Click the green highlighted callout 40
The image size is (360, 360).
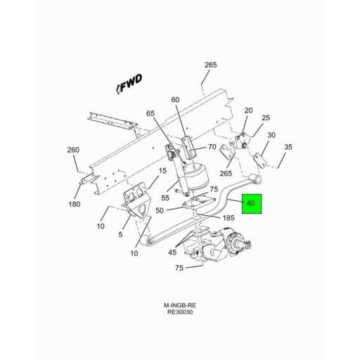tap(252, 204)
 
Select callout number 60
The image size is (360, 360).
tap(175, 99)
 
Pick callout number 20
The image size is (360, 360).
tap(247, 110)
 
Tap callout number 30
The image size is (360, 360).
tap(271, 135)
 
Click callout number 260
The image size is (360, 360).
tap(73, 149)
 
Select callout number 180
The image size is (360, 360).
tap(74, 204)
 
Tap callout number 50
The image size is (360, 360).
tap(160, 210)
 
